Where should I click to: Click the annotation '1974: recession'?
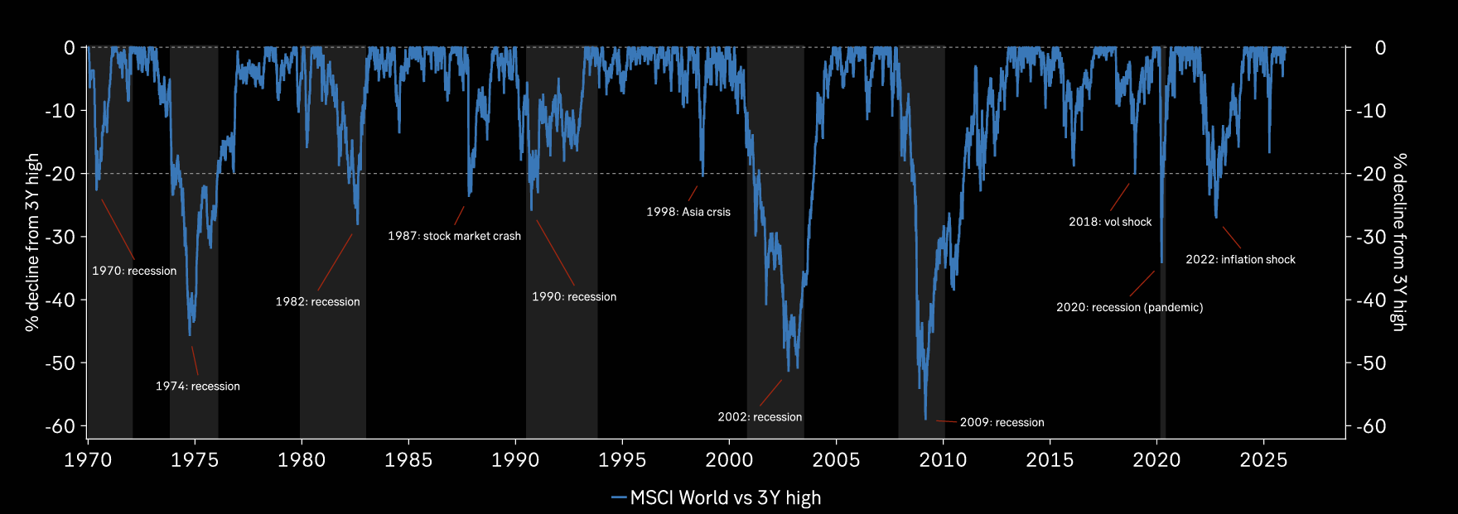tap(197, 387)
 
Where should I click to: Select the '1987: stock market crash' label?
tap(454, 236)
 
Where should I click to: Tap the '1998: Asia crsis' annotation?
tap(688, 212)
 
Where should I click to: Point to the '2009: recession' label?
tap(1002, 423)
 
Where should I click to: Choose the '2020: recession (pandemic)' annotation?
tap(1129, 307)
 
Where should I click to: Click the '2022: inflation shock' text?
tap(1240, 260)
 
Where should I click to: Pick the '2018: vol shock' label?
tap(1110, 222)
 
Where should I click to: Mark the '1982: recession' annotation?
tap(317, 302)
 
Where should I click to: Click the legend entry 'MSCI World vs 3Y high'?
tap(725, 497)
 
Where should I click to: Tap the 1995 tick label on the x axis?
tap(622, 460)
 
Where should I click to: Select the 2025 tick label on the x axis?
tap(1263, 460)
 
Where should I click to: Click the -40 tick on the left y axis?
tap(60, 300)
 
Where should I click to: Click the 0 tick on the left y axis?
tap(70, 48)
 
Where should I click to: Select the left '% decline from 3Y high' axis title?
tap(32, 243)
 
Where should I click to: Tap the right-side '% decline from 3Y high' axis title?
tap(1399, 243)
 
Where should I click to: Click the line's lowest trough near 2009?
tap(925, 419)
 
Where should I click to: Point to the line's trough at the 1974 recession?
tap(191, 335)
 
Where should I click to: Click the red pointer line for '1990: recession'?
tap(555, 252)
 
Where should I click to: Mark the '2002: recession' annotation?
tap(760, 417)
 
